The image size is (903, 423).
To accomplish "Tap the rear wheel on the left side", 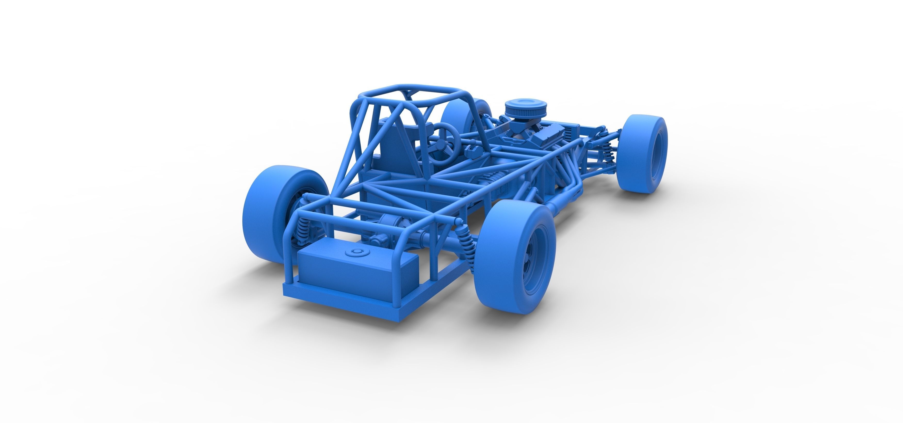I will (x=268, y=214).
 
